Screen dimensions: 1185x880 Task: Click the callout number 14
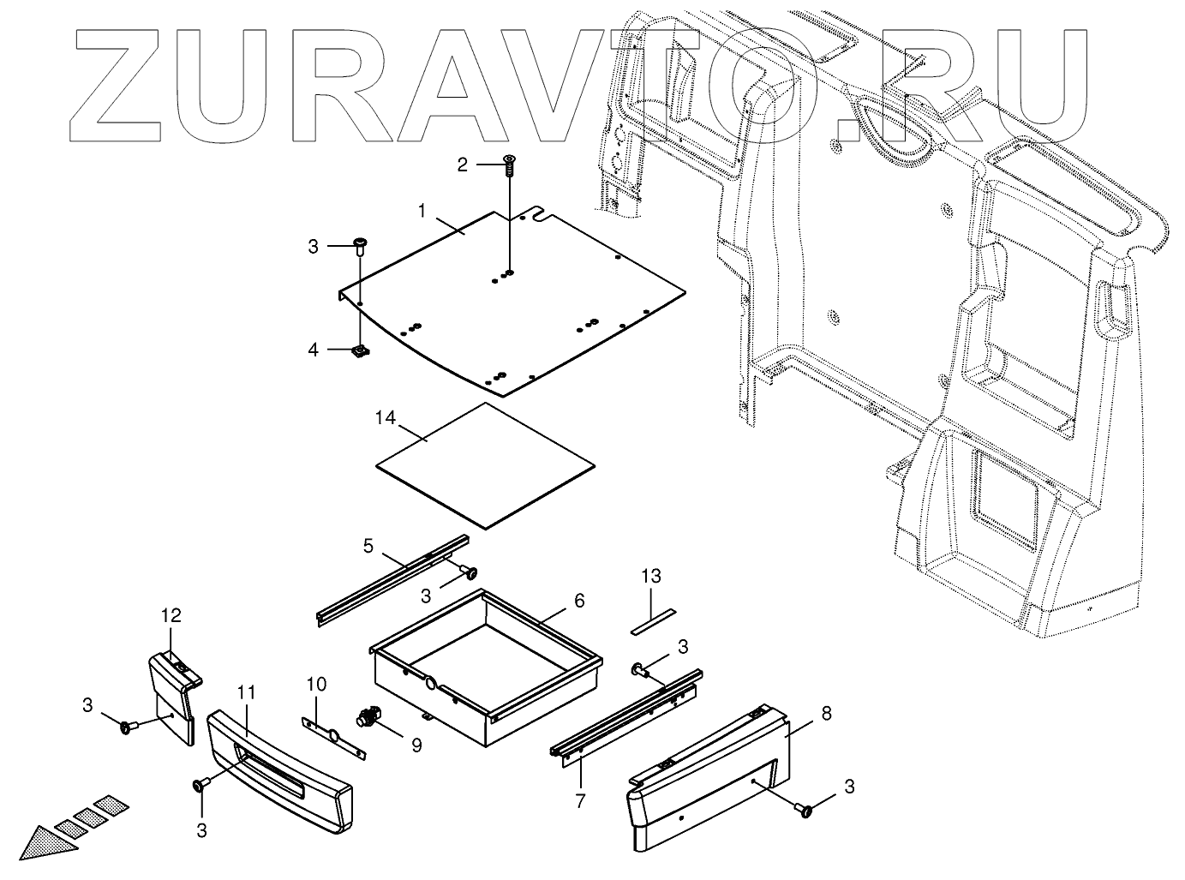[386, 418]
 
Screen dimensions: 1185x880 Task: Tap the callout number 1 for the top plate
[422, 210]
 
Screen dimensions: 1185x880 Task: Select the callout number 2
[462, 165]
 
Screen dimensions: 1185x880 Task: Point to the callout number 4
[314, 350]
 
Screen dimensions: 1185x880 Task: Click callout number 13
[651, 576]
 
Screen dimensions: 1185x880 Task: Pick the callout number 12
[171, 615]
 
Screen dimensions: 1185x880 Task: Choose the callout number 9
[416, 745]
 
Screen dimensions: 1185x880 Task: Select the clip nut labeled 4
[360, 350]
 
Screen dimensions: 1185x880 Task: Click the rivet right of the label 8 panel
[804, 809]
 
